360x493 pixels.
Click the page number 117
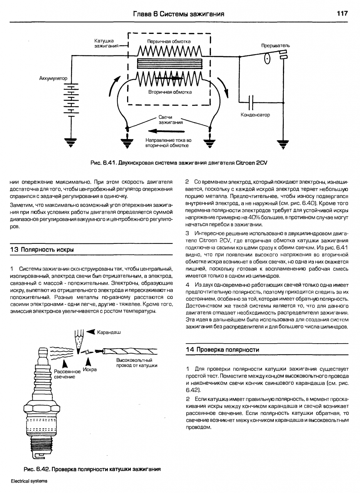(342, 14)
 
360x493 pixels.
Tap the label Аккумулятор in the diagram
(53, 79)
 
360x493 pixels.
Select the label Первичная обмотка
(169, 42)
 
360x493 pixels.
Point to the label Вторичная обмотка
(170, 92)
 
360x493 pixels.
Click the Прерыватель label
(275, 46)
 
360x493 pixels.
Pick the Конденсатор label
(255, 115)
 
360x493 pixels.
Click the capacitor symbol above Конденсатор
(251, 102)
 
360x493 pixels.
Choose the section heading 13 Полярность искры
(42, 250)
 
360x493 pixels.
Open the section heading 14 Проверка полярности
(223, 350)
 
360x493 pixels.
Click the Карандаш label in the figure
(109, 332)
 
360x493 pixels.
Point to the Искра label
(90, 370)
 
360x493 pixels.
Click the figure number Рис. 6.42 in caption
(36, 469)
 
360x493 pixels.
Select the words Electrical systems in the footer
(29, 481)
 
